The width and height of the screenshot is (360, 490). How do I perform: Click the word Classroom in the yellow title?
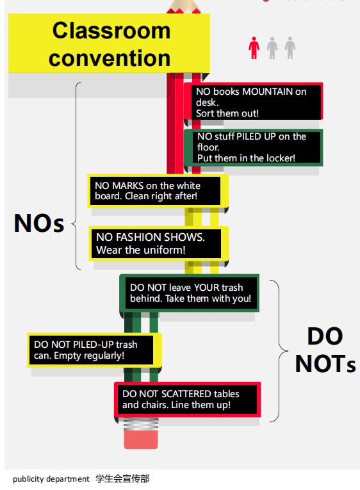[111, 31]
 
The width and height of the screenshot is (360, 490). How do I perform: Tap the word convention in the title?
[110, 58]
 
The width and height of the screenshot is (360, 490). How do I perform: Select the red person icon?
[254, 48]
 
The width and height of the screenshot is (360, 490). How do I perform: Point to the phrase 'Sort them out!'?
[227, 113]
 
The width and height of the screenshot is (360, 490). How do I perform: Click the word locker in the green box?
[281, 158]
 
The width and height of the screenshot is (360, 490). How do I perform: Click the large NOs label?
[39, 223]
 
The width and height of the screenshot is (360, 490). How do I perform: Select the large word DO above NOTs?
[325, 336]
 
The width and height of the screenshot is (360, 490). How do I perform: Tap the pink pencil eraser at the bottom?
[141, 439]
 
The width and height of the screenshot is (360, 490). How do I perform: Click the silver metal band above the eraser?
[141, 424]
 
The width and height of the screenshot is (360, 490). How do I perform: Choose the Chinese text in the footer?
[122, 478]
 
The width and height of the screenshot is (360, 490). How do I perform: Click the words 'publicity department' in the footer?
[51, 478]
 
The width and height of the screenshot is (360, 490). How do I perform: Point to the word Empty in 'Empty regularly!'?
[67, 355]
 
